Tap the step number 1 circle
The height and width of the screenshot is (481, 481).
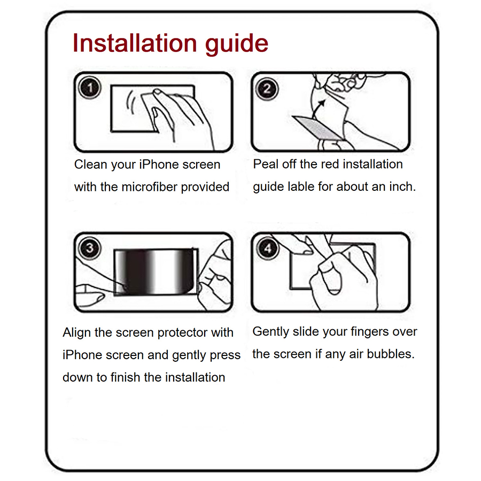coord(90,87)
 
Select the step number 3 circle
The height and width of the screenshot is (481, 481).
coord(90,248)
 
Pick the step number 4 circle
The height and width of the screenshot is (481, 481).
coord(267,248)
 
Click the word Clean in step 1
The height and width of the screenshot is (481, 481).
coord(90,165)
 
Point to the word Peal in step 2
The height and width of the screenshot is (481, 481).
coord(266,164)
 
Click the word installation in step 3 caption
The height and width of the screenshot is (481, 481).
coord(195,377)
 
